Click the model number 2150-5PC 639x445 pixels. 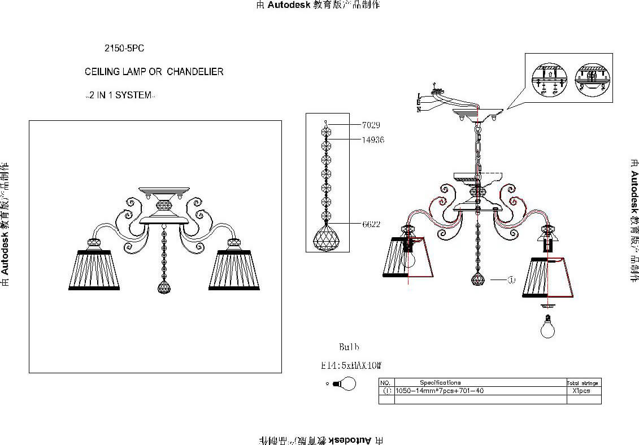(x=124, y=49)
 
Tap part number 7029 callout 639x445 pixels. (x=371, y=125)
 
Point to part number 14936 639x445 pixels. (x=373, y=139)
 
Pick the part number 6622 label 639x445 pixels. (x=371, y=224)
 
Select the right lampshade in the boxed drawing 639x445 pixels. (x=234, y=269)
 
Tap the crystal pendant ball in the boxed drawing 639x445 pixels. (x=164, y=287)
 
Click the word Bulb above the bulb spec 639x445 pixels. (x=349, y=347)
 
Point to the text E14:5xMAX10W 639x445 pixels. (x=351, y=366)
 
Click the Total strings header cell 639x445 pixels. (x=583, y=383)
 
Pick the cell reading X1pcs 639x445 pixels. (x=582, y=391)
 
